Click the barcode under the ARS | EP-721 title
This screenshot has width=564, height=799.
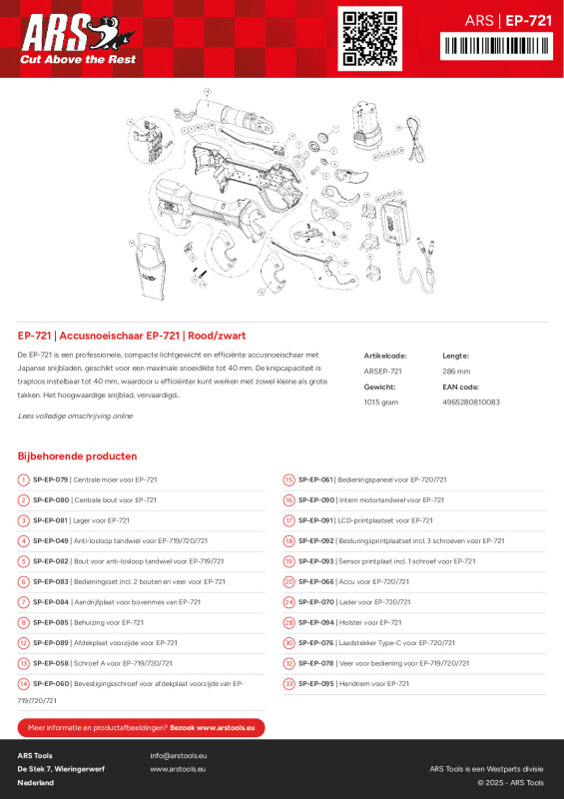click(495, 45)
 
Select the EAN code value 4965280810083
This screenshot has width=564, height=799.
click(471, 401)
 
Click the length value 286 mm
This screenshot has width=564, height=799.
click(456, 371)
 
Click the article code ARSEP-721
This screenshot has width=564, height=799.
click(383, 371)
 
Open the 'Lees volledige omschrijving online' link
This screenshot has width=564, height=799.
click(75, 415)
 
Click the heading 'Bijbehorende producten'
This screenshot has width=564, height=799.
click(77, 455)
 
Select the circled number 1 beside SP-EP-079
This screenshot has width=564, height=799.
click(23, 480)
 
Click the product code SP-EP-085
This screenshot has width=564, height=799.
click(51, 622)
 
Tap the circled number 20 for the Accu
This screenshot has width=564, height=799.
click(288, 581)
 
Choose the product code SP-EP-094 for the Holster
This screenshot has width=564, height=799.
click(316, 622)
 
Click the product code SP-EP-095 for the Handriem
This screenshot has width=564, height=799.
click(316, 683)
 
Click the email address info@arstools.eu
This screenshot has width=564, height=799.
click(179, 755)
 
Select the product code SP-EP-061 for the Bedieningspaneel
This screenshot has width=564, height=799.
click(316, 479)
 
